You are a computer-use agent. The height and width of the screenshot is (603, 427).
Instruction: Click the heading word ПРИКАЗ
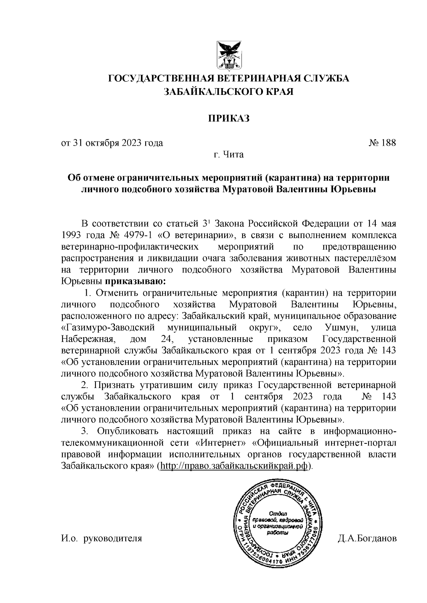228,118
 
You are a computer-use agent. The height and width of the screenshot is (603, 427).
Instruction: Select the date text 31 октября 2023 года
118,143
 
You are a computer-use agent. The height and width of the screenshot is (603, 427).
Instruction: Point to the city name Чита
233,155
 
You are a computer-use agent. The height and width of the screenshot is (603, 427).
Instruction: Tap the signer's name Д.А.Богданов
367,538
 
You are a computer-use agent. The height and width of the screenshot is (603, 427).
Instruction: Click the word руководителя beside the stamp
112,538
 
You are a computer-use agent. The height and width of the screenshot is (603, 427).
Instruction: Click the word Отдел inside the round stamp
278,513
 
